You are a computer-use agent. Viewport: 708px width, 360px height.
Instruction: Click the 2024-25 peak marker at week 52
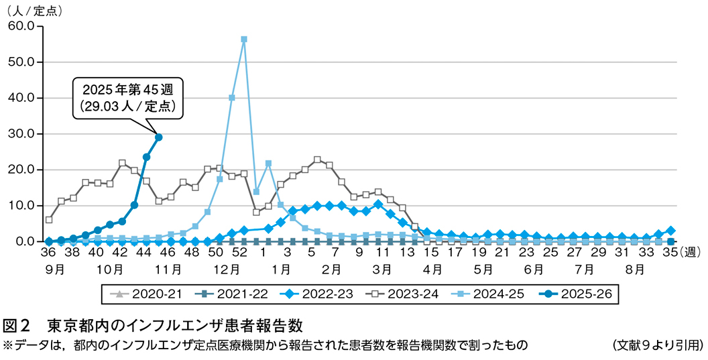click(x=244, y=39)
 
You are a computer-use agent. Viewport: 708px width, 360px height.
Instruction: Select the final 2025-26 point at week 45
click(x=159, y=137)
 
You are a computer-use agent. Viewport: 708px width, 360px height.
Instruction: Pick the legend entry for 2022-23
click(x=309, y=294)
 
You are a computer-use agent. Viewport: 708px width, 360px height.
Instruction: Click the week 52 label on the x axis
click(x=239, y=253)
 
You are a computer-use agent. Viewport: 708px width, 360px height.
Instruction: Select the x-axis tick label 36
click(x=48, y=253)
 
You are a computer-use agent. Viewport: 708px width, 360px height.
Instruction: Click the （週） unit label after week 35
click(x=690, y=253)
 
